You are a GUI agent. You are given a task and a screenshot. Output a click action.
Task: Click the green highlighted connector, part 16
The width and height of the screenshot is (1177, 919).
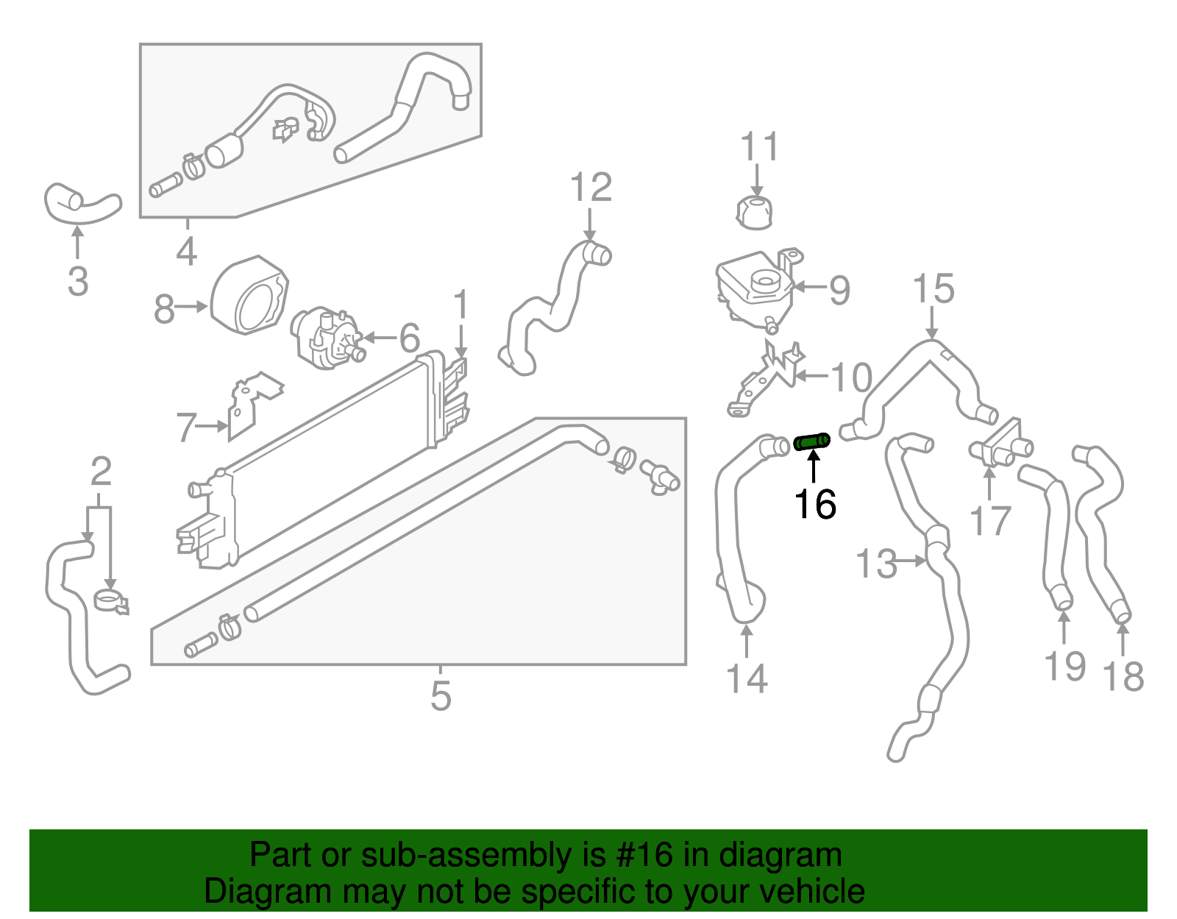pos(812,441)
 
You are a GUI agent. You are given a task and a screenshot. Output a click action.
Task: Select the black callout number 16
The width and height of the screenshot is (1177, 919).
pos(815,505)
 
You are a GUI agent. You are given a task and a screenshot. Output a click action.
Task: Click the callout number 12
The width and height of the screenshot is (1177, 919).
pos(591,188)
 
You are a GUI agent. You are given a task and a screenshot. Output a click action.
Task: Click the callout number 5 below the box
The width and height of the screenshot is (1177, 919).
pos(440,696)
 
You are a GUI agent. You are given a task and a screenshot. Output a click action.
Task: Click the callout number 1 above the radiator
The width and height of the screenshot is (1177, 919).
pos(461,305)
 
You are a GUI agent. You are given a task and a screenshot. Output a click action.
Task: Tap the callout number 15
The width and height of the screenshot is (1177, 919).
pos(933,289)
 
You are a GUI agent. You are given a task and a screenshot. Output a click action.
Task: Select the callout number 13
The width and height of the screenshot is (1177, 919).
pos(876,564)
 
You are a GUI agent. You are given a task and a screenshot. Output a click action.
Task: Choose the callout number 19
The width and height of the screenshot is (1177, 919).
pos(1064,667)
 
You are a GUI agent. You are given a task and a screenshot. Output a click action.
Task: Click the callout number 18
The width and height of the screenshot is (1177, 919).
pos(1123,677)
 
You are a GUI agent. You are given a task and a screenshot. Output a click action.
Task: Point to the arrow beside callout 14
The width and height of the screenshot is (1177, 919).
pos(747,640)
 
